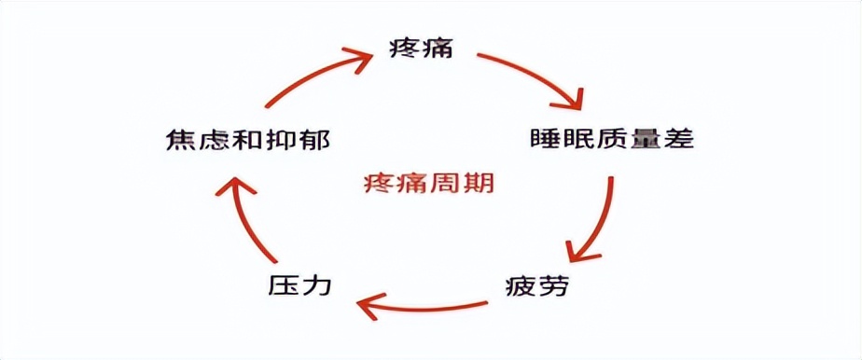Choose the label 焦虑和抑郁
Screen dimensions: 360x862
coord(244,141)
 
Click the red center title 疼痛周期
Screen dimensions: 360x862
coord(429,182)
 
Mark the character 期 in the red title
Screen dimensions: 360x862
coord(479,182)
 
